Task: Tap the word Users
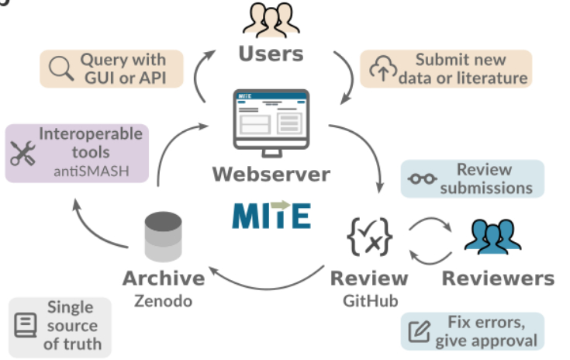click(270, 54)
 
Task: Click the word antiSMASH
click(91, 170)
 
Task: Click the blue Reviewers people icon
click(496, 236)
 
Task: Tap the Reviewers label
click(498, 279)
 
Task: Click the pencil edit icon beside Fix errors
click(420, 331)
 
